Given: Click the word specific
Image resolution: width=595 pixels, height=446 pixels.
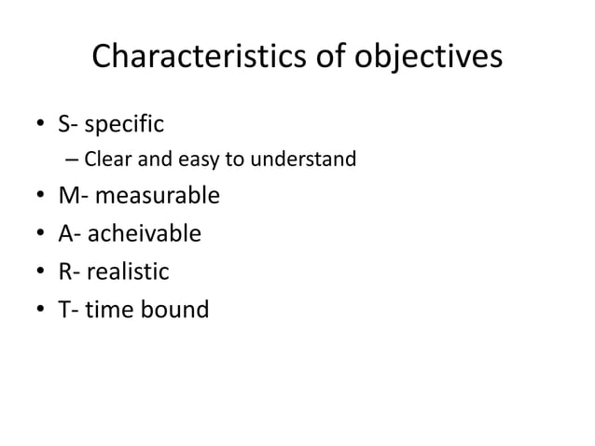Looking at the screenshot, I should tap(124, 122).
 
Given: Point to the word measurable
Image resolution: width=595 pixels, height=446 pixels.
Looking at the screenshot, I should tap(157, 196).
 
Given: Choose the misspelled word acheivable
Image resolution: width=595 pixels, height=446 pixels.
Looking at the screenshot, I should tap(145, 233).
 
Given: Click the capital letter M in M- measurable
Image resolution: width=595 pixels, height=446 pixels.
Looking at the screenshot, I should tap(68, 196).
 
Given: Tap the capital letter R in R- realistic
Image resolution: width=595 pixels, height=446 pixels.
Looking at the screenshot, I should tap(64, 271).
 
